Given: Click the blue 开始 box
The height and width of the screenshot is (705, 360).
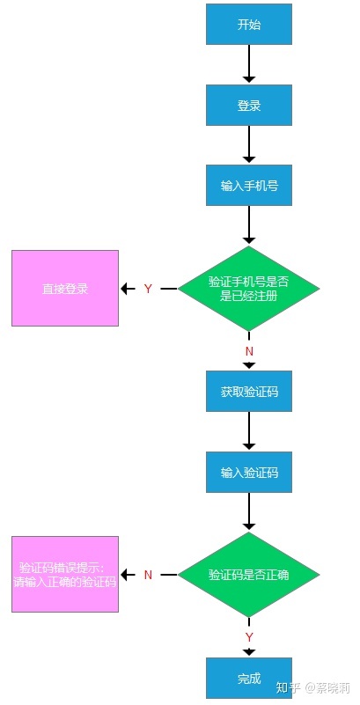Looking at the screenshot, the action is click(249, 25).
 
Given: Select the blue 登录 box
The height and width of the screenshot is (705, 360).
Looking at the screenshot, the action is click(249, 106).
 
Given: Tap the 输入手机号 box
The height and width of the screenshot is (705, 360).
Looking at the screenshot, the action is click(249, 185).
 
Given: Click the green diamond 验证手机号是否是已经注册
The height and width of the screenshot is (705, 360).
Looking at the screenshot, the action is click(249, 289).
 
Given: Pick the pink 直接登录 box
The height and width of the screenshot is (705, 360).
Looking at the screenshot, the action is click(65, 288).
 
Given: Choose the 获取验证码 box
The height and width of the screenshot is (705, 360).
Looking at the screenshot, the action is click(249, 391).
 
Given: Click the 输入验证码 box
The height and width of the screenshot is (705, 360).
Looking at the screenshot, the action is click(249, 472).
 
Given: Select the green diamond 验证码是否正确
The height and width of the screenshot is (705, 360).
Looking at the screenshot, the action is click(249, 575).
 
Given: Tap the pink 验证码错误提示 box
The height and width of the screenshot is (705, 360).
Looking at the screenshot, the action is click(65, 574).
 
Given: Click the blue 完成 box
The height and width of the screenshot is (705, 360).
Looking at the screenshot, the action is click(249, 678).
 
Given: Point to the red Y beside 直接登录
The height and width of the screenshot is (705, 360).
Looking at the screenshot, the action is click(149, 289).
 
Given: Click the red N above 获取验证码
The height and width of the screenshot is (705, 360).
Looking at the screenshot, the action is click(249, 351).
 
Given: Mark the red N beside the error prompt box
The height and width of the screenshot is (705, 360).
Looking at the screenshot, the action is click(149, 575).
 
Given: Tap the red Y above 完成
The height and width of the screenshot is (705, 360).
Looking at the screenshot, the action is click(249, 637).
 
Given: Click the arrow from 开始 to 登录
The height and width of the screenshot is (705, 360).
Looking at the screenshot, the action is click(249, 64).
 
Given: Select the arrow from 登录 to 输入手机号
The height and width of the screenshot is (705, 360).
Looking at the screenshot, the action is click(249, 144).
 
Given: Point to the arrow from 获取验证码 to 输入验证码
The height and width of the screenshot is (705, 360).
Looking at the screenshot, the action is click(249, 430).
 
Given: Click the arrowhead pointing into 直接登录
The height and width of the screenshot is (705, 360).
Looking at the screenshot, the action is click(125, 289).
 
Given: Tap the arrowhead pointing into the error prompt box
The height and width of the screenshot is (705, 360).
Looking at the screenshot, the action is click(125, 575).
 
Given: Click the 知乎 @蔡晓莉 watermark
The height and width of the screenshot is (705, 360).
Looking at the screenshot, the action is click(312, 688).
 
